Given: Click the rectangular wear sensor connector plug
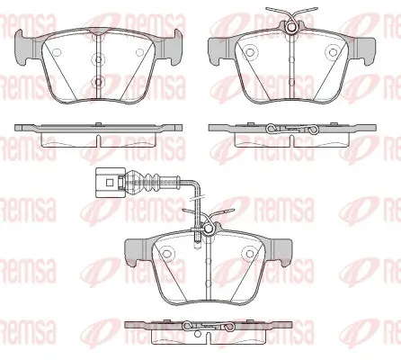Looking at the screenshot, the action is (x=109, y=183).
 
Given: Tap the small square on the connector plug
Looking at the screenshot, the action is (x=110, y=182).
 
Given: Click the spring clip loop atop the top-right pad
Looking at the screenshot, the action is (x=291, y=28).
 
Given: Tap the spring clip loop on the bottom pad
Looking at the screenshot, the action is (x=208, y=229).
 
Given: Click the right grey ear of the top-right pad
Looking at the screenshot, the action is (x=365, y=51).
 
